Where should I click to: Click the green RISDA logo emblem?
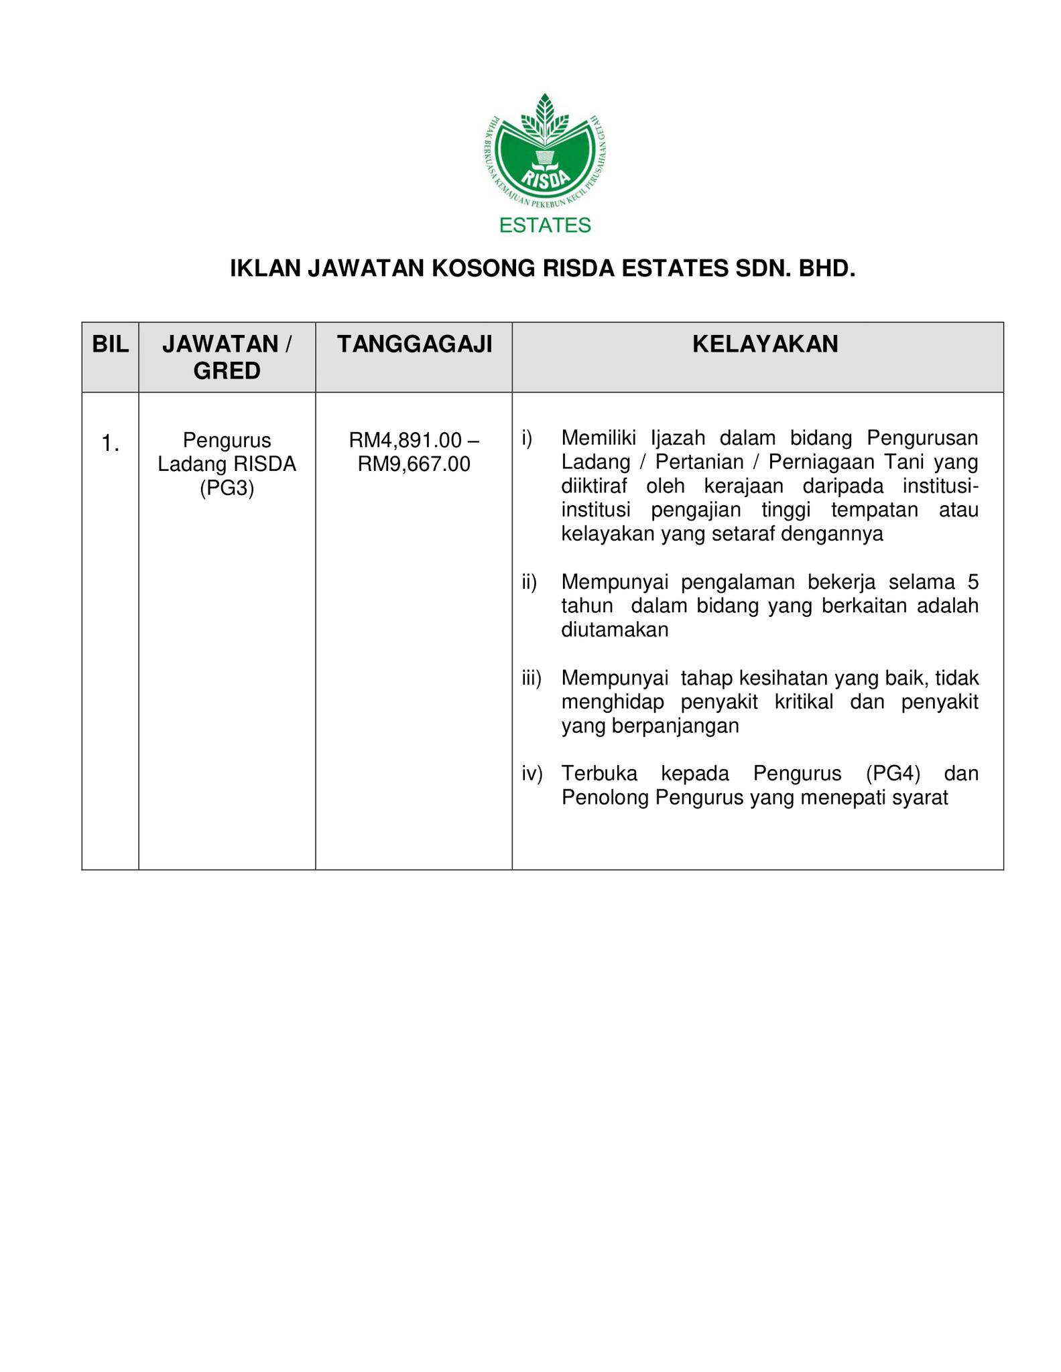tap(545, 153)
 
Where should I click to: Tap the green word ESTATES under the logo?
tap(545, 225)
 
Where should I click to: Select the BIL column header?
tap(110, 344)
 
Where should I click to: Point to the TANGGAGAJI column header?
tap(414, 344)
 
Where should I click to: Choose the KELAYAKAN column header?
tap(765, 344)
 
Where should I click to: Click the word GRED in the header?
tap(227, 370)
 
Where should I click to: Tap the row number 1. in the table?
tap(111, 443)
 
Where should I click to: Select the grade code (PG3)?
tap(227, 488)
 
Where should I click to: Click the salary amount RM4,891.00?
tap(405, 440)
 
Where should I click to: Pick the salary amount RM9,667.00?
tap(414, 464)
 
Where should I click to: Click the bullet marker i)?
tap(527, 438)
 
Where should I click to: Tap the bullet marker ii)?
tap(529, 583)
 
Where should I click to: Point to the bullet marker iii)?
tap(532, 679)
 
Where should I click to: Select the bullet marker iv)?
tap(532, 774)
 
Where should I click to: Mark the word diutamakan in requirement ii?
tap(615, 630)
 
